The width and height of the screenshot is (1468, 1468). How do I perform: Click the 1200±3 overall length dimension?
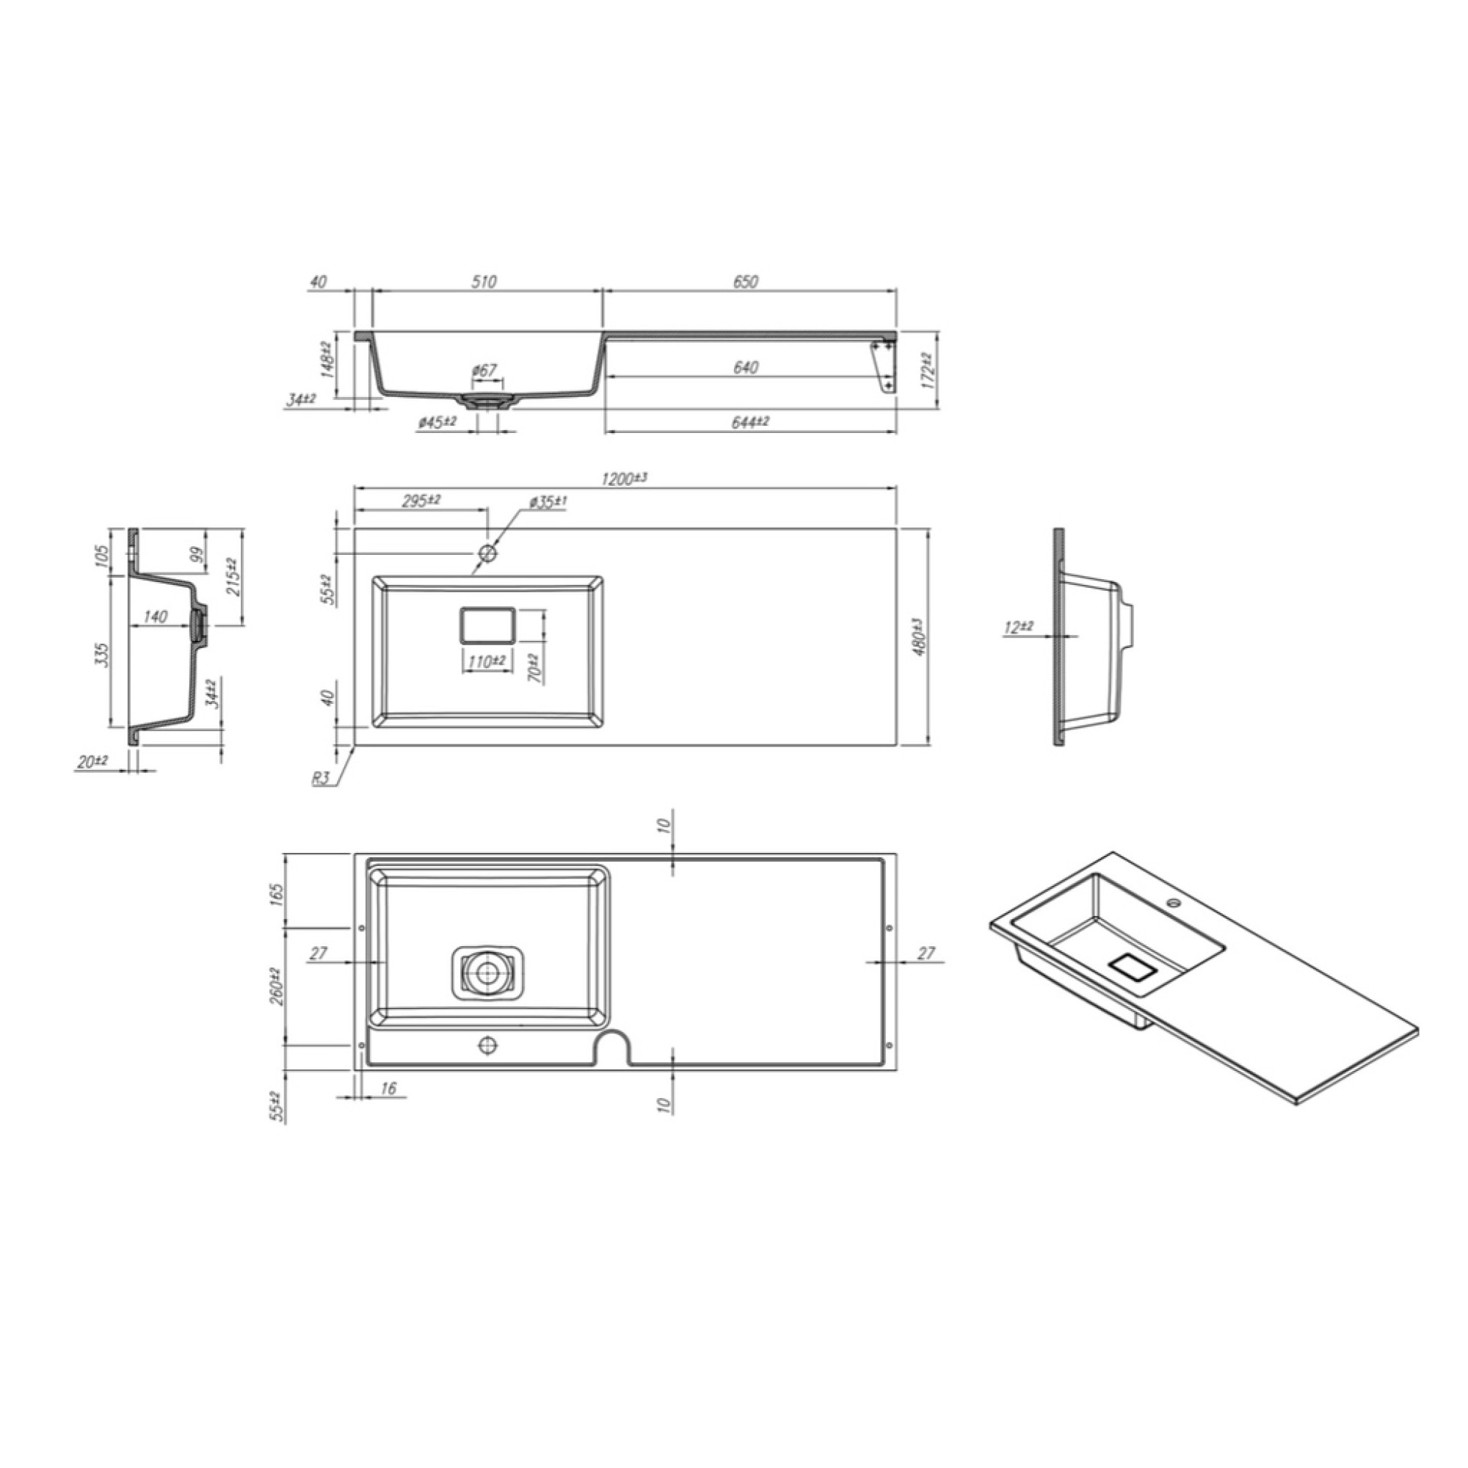point(623,479)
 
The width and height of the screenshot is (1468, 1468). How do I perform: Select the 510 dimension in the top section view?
point(484,282)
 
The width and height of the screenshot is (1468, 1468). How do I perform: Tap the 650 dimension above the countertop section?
point(746,282)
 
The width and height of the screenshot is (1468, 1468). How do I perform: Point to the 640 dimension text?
point(746,368)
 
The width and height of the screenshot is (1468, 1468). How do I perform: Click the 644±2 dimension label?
point(750,422)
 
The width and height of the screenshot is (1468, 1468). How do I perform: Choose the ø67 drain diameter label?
point(484,371)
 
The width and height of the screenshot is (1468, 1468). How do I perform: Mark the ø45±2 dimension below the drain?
point(437,422)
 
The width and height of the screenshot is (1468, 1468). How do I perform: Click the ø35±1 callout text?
point(548,502)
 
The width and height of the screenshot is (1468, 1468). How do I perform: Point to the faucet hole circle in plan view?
point(487,553)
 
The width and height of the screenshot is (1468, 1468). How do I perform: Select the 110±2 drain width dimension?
point(487,662)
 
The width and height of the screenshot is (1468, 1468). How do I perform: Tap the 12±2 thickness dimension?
point(1018,628)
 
